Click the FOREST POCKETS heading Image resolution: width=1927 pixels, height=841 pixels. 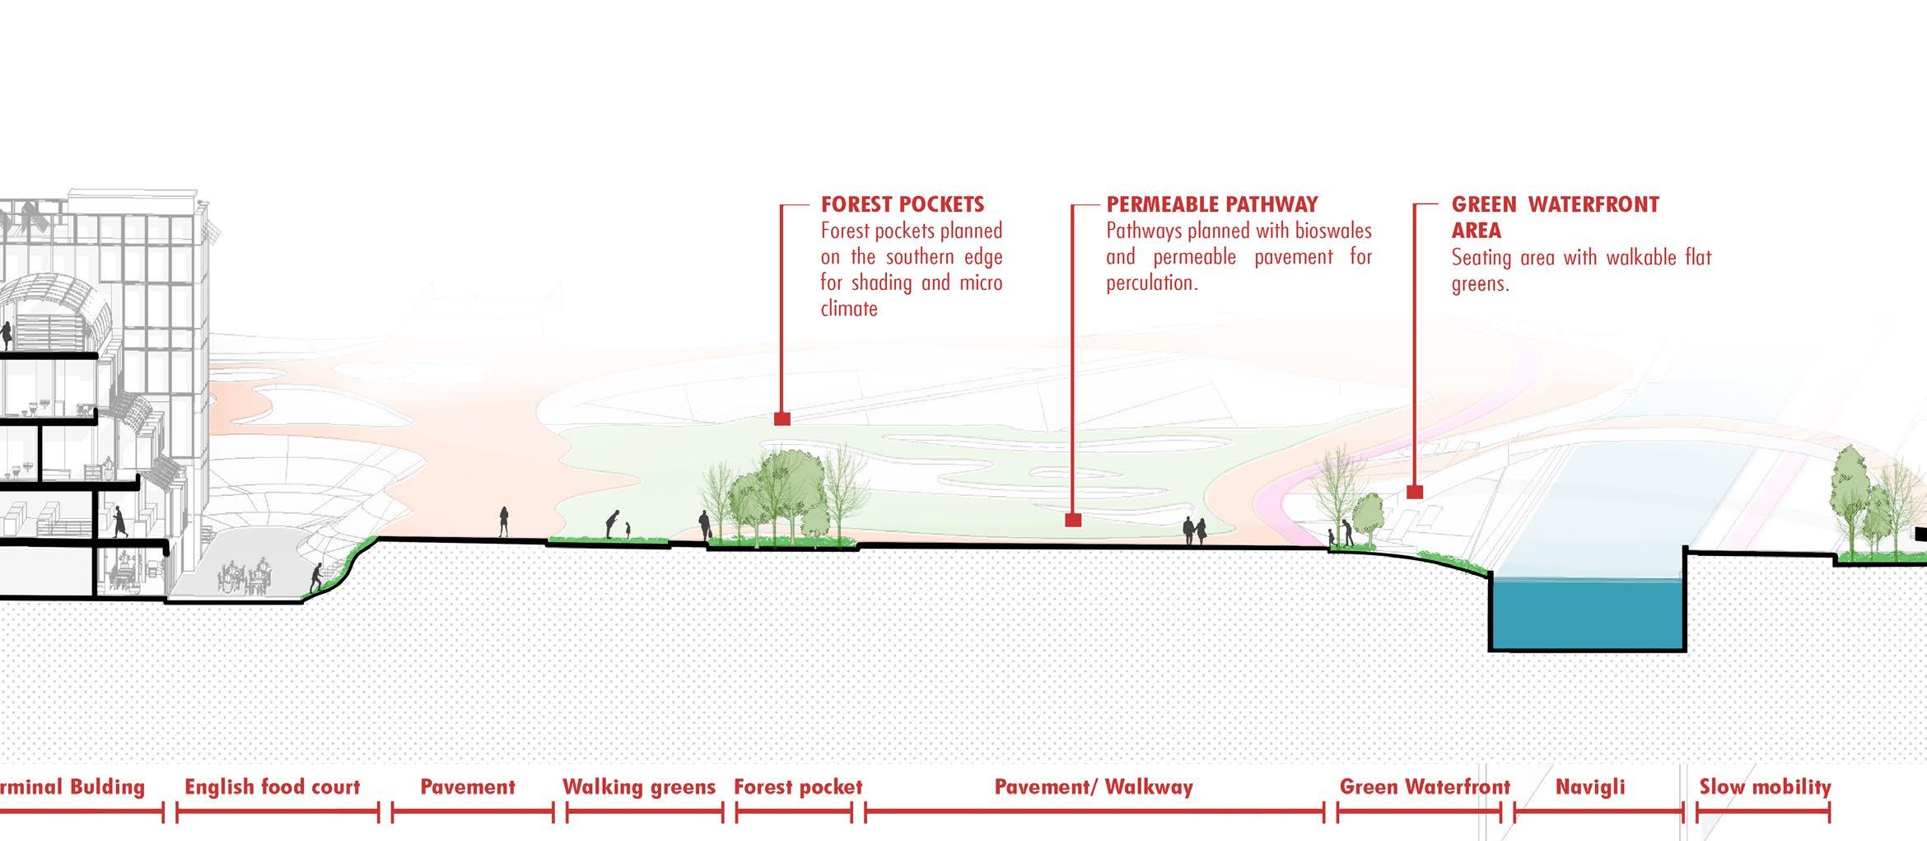click(902, 204)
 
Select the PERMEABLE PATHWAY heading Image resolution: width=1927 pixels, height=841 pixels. click(1211, 204)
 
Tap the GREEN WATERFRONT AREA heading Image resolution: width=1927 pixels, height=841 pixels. click(1554, 217)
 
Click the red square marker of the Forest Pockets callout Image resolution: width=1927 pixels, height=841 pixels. click(782, 419)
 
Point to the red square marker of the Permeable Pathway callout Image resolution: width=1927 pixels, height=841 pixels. click(1072, 520)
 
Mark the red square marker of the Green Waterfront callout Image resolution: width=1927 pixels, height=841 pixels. click(1415, 492)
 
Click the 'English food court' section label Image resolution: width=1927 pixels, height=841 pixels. click(272, 787)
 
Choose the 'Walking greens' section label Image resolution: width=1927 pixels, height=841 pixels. click(638, 787)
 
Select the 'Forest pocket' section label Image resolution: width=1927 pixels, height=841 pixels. click(798, 787)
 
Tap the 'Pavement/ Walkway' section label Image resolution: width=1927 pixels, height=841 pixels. click(1094, 787)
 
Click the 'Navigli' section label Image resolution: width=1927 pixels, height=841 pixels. click(1590, 787)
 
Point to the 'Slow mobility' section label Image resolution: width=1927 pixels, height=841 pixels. click(1765, 787)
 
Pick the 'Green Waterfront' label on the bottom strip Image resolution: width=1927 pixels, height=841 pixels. click(1424, 787)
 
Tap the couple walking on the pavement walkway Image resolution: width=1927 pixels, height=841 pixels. click(1194, 531)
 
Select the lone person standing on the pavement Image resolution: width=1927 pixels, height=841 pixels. click(503, 522)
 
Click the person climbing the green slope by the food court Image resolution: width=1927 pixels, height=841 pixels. click(316, 578)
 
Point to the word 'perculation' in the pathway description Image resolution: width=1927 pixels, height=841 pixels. click(1150, 283)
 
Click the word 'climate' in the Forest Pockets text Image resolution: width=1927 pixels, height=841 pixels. click(848, 309)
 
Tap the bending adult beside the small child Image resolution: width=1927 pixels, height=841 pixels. click(611, 524)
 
